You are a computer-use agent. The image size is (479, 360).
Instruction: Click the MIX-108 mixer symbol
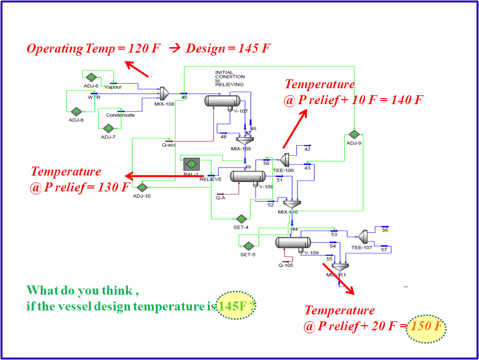tap(165, 93)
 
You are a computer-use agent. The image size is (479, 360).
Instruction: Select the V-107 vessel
tap(222, 101)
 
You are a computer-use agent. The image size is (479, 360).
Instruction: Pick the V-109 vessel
tap(293, 242)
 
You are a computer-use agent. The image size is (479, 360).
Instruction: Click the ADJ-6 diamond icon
tap(91, 77)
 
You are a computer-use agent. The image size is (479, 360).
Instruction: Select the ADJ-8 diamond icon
tap(76, 112)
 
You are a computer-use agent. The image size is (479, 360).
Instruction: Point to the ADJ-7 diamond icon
tap(109, 129)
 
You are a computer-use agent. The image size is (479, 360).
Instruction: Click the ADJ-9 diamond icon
tap(354, 134)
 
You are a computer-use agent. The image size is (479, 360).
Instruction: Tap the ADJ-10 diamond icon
tap(142, 187)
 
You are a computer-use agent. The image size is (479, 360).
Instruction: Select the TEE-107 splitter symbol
tap(362, 237)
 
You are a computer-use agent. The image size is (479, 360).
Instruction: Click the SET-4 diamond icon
tap(241, 219)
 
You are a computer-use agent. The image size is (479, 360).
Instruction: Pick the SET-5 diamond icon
tap(248, 246)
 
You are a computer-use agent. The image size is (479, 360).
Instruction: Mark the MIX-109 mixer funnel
tap(244, 140)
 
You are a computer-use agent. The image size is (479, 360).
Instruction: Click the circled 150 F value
tap(426, 327)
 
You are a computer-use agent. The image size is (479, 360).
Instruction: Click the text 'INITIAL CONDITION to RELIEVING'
tap(230, 78)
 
